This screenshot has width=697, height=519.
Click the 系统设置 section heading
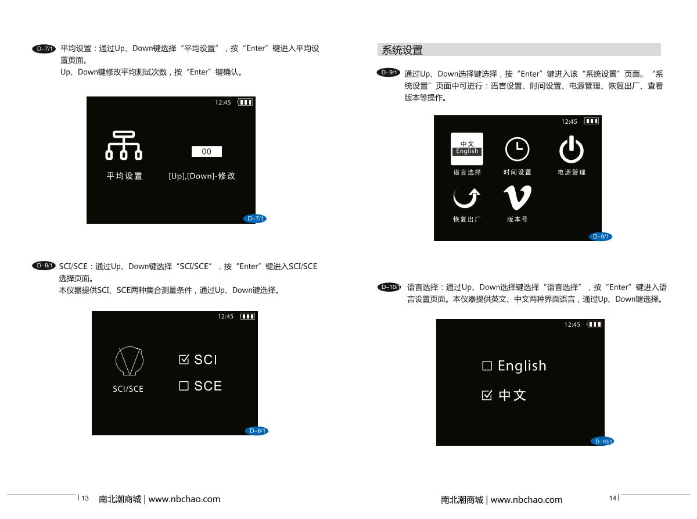402,50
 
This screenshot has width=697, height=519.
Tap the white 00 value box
206,151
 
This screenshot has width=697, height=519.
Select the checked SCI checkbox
184,359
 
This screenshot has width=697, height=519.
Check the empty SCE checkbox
184,386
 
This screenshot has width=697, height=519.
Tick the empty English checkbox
487,366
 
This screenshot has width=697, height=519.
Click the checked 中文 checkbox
487,395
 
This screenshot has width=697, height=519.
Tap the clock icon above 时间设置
518,149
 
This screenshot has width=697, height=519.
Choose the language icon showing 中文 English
466,149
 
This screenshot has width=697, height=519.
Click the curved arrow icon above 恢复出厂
466,198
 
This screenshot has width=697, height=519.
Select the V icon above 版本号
518,198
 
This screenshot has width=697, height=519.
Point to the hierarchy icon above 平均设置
124,145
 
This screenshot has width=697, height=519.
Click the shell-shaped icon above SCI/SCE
130,361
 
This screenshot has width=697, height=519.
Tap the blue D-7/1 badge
255,219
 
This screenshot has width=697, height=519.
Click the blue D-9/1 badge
600,236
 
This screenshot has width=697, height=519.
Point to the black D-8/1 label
44,266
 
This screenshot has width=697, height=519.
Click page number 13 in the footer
85,498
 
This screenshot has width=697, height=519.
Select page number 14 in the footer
612,498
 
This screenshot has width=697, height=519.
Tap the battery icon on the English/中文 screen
594,324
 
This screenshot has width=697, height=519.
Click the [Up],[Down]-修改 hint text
202,176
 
